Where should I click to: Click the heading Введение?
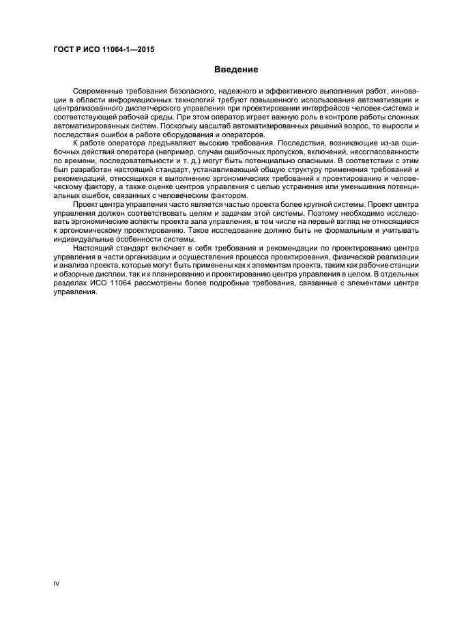coord(235,69)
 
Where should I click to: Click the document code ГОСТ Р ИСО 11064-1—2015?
coord(102,49)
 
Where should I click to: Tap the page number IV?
coord(57,583)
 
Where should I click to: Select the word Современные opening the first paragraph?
coord(100,91)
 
